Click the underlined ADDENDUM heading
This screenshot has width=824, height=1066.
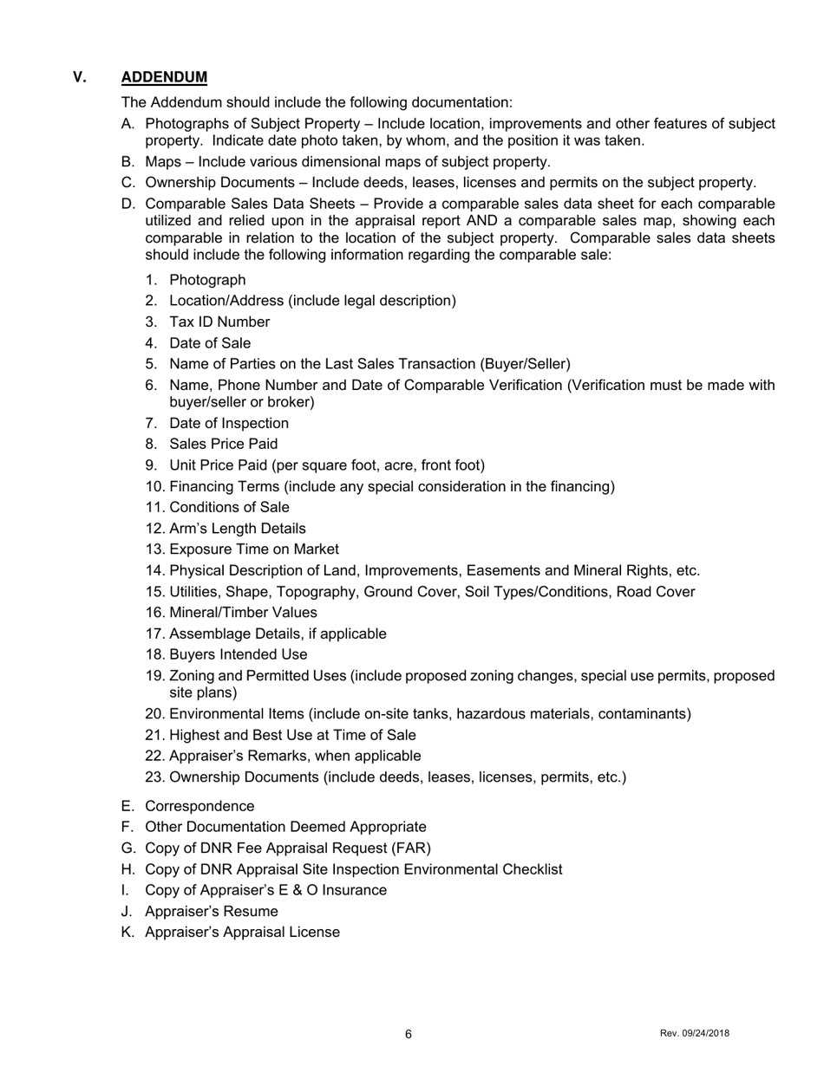tap(164, 78)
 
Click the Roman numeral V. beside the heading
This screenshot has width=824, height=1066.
tap(80, 78)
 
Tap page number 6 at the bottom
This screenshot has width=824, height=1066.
tap(409, 1034)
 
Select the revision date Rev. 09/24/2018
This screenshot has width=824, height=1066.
tap(694, 1033)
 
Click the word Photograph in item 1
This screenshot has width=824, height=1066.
tap(207, 280)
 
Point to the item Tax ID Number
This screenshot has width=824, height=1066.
tap(219, 322)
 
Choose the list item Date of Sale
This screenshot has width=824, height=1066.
tap(210, 343)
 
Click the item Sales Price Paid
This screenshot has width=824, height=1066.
tap(224, 444)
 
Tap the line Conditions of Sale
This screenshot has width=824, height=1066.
tap(229, 507)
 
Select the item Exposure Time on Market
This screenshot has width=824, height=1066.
tap(254, 549)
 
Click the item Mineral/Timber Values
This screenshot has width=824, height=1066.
tap(243, 613)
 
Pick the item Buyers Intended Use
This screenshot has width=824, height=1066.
tap(238, 654)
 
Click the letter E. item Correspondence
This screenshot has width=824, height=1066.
tap(199, 806)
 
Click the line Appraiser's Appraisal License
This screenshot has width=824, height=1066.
tap(242, 933)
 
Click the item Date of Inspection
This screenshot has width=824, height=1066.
tap(229, 423)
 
